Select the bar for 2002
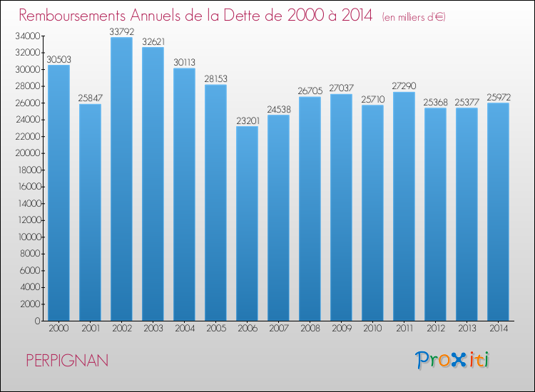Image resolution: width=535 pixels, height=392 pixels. point(121,179)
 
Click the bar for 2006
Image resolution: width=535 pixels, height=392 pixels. point(247,223)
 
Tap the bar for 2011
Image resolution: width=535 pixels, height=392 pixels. point(404,206)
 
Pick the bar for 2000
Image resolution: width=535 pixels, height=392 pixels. point(58,192)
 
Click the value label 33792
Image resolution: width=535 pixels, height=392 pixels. point(122,31)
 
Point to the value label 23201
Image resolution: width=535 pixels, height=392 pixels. point(248,120)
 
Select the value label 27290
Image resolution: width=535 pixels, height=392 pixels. point(404,86)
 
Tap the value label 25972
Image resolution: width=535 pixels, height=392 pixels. point(499,98)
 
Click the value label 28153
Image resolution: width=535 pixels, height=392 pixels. point(215,78)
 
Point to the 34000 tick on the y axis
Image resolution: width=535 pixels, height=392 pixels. point(28,36)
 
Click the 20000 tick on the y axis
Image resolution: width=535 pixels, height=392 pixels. point(28,153)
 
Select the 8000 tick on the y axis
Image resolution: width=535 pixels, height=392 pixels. point(30,254)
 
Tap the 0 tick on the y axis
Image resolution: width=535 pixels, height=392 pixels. point(38,321)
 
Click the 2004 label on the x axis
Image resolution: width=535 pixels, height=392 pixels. point(185,329)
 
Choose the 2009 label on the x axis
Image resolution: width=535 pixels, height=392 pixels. point(342,329)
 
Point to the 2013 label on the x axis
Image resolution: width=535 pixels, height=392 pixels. point(467,329)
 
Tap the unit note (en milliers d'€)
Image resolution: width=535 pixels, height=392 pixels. point(414,17)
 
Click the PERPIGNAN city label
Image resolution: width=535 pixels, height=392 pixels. point(67,361)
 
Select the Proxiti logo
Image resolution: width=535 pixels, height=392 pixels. point(452,360)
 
